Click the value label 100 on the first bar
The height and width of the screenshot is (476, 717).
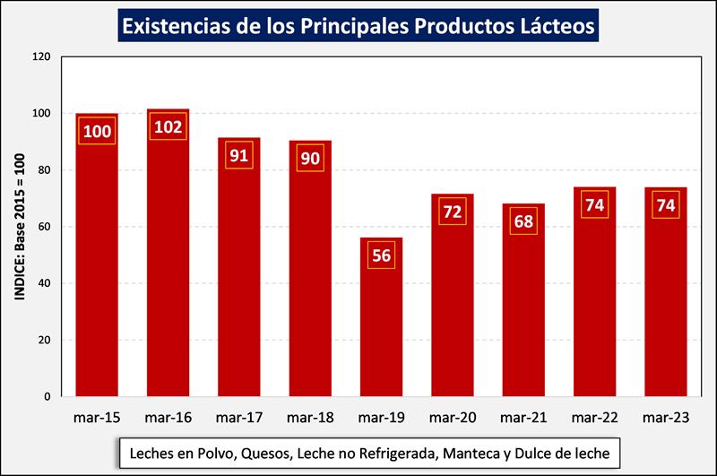point(97,132)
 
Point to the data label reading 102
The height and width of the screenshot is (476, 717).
point(168,126)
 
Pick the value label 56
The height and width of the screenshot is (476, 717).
point(381,255)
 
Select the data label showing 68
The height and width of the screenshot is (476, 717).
point(523,221)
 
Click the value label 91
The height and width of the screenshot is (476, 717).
point(238,155)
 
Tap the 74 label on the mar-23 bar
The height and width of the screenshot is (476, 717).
point(666,204)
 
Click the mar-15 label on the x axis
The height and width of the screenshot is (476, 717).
point(97,417)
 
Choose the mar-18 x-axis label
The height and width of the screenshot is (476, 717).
point(310,417)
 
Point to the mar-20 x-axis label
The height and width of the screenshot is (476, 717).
point(453,417)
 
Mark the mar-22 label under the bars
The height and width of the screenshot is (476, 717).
point(595,417)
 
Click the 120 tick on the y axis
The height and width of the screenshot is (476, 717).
point(40,56)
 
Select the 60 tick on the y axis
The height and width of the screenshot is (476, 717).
point(44,227)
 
